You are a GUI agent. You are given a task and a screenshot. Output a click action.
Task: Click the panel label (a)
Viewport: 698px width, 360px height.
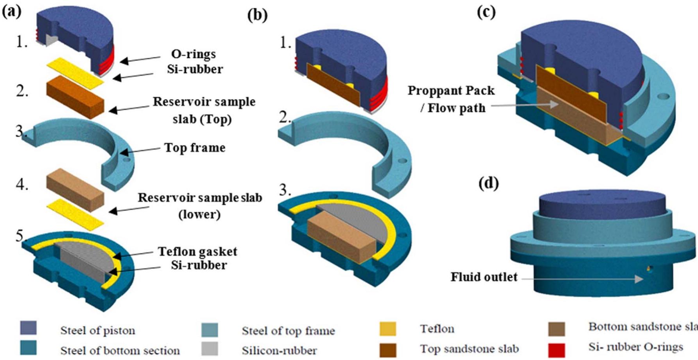[12, 12]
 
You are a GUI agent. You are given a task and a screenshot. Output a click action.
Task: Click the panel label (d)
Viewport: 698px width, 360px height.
[489, 183]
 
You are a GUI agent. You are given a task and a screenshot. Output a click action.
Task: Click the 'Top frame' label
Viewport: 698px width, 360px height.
[195, 148]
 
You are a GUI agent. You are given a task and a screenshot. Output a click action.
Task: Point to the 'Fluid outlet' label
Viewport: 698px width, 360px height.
[484, 277]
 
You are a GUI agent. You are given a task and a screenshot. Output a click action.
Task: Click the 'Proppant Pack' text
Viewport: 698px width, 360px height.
[451, 91]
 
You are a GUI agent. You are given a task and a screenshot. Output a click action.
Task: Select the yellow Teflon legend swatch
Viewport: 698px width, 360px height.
[387, 329]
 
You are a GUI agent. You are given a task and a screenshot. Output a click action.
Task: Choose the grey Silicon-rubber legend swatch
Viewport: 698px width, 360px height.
[210, 348]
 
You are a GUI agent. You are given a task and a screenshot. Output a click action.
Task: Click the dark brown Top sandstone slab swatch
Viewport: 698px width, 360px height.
[387, 349]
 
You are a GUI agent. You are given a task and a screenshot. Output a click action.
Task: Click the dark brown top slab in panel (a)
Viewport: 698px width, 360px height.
[74, 97]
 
